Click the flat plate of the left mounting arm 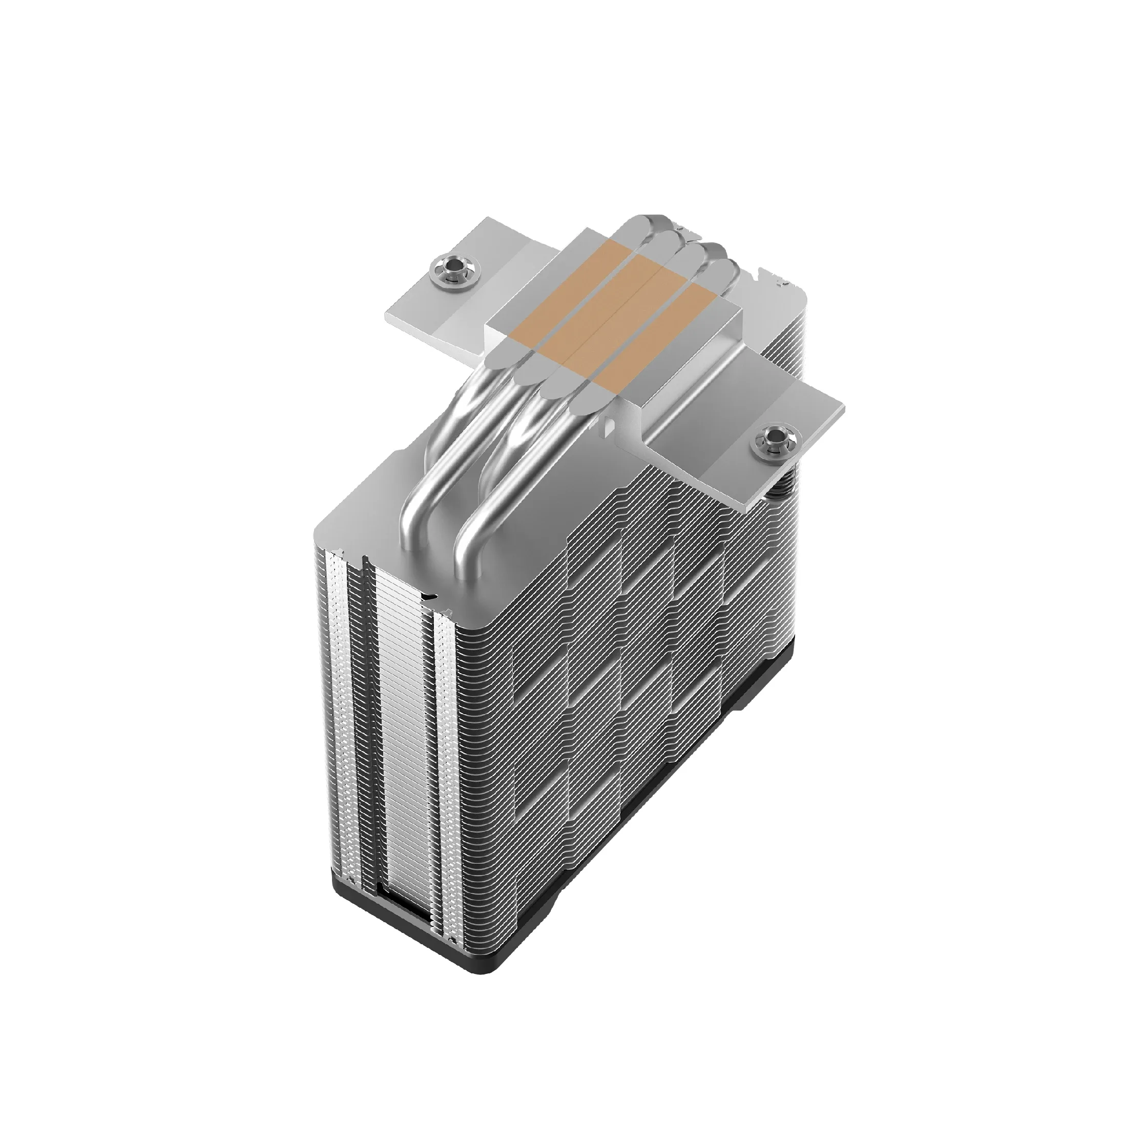(x=430, y=302)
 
